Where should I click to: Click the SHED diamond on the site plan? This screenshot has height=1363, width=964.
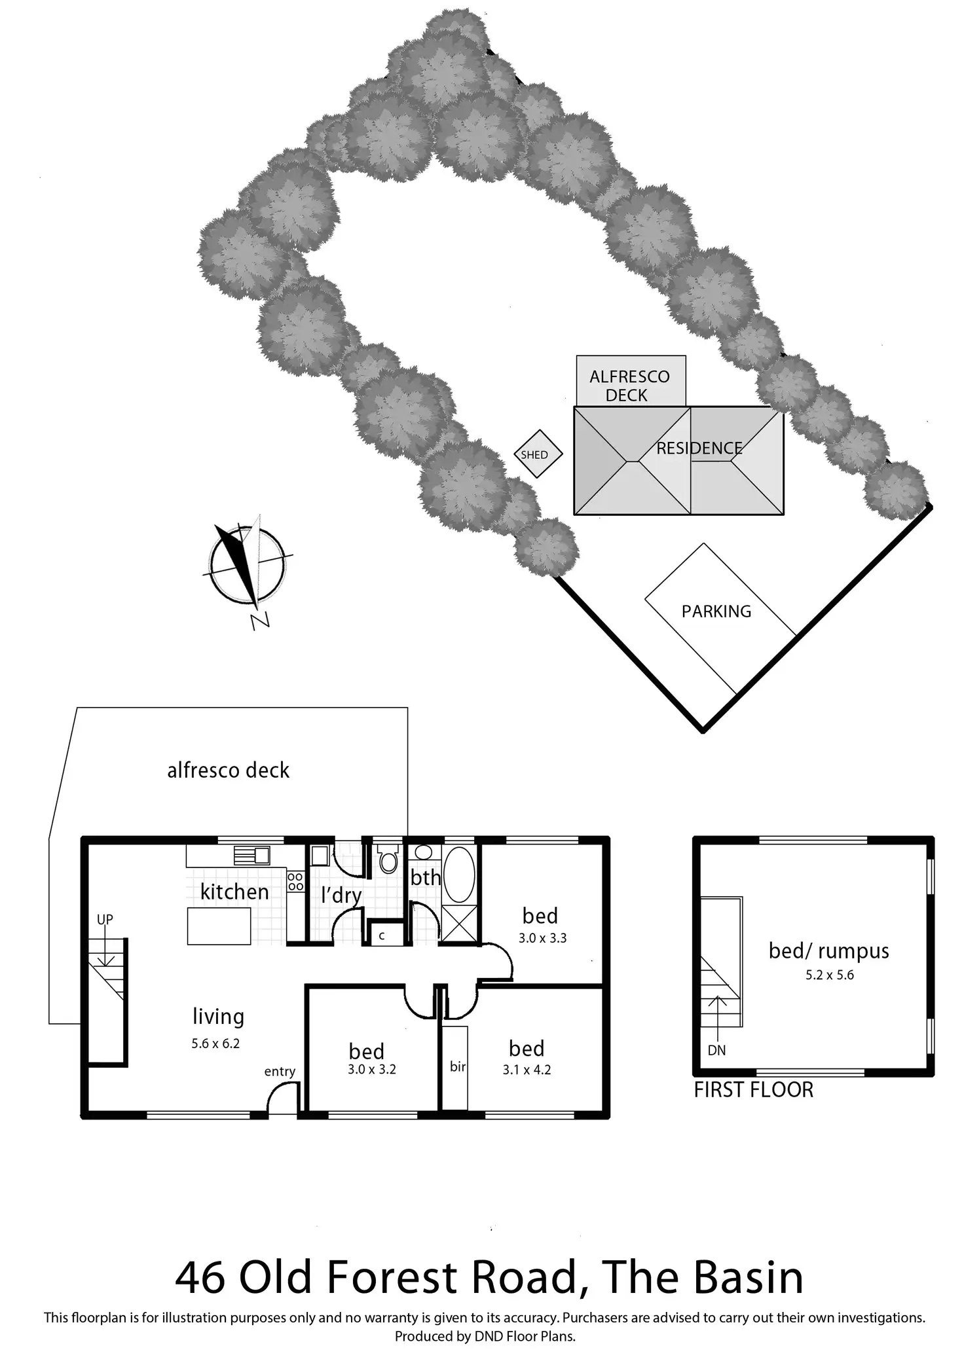[538, 454]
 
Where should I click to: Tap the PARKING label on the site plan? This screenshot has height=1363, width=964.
[716, 611]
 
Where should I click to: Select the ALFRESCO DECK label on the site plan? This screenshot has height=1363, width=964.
[629, 386]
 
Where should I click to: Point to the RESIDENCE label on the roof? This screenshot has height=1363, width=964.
[699, 448]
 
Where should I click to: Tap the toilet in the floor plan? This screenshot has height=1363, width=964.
[388, 860]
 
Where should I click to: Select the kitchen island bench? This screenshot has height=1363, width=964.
[219, 926]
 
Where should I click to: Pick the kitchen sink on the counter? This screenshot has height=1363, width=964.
[252, 855]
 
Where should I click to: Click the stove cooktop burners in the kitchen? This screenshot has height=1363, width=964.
[295, 881]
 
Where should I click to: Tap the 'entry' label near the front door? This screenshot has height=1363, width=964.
[280, 1072]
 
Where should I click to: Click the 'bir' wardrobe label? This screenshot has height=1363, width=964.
[458, 1067]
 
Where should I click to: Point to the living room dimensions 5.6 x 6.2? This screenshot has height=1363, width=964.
[215, 1044]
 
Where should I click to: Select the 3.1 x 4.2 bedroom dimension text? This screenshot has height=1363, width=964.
[527, 1070]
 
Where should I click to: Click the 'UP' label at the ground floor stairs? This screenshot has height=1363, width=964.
[105, 919]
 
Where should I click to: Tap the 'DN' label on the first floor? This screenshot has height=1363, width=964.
[716, 1051]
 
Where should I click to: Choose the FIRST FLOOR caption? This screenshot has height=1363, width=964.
[753, 1090]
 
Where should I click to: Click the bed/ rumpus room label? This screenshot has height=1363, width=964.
[828, 951]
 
